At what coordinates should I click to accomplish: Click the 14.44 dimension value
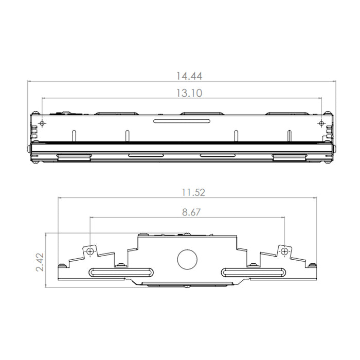click(189, 76)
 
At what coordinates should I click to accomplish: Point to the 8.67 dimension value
click(189, 212)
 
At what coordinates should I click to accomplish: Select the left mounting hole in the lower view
click(91, 251)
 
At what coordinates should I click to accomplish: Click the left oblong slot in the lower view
click(121, 272)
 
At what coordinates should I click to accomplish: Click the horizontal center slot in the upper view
click(182, 121)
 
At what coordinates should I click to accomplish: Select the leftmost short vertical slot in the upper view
click(74, 134)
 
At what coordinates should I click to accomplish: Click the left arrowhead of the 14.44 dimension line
click(30, 81)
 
